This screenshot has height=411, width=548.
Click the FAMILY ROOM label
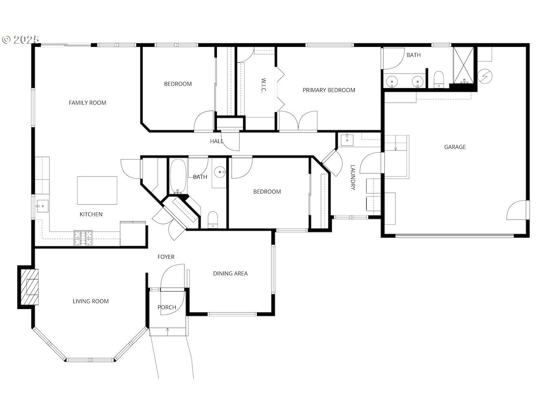click(87, 103)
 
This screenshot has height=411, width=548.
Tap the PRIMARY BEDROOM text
click(329, 90)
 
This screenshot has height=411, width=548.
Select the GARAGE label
click(455, 147)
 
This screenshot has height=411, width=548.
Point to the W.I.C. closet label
click(263, 85)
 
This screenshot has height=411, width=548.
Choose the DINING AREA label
click(230, 273)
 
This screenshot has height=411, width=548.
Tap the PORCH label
click(167, 307)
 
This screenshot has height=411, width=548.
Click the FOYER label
click(166, 257)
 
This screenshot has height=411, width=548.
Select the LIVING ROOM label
click(91, 301)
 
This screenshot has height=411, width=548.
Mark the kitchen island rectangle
click(97, 190)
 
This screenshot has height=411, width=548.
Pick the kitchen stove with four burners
click(83, 239)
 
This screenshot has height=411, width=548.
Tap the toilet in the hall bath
click(213, 220)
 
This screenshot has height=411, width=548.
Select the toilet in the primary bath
click(439, 79)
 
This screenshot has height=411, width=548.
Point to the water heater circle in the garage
click(485, 75)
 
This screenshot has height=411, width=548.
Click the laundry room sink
click(347, 139)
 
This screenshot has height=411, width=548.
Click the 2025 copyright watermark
click(21, 40)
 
